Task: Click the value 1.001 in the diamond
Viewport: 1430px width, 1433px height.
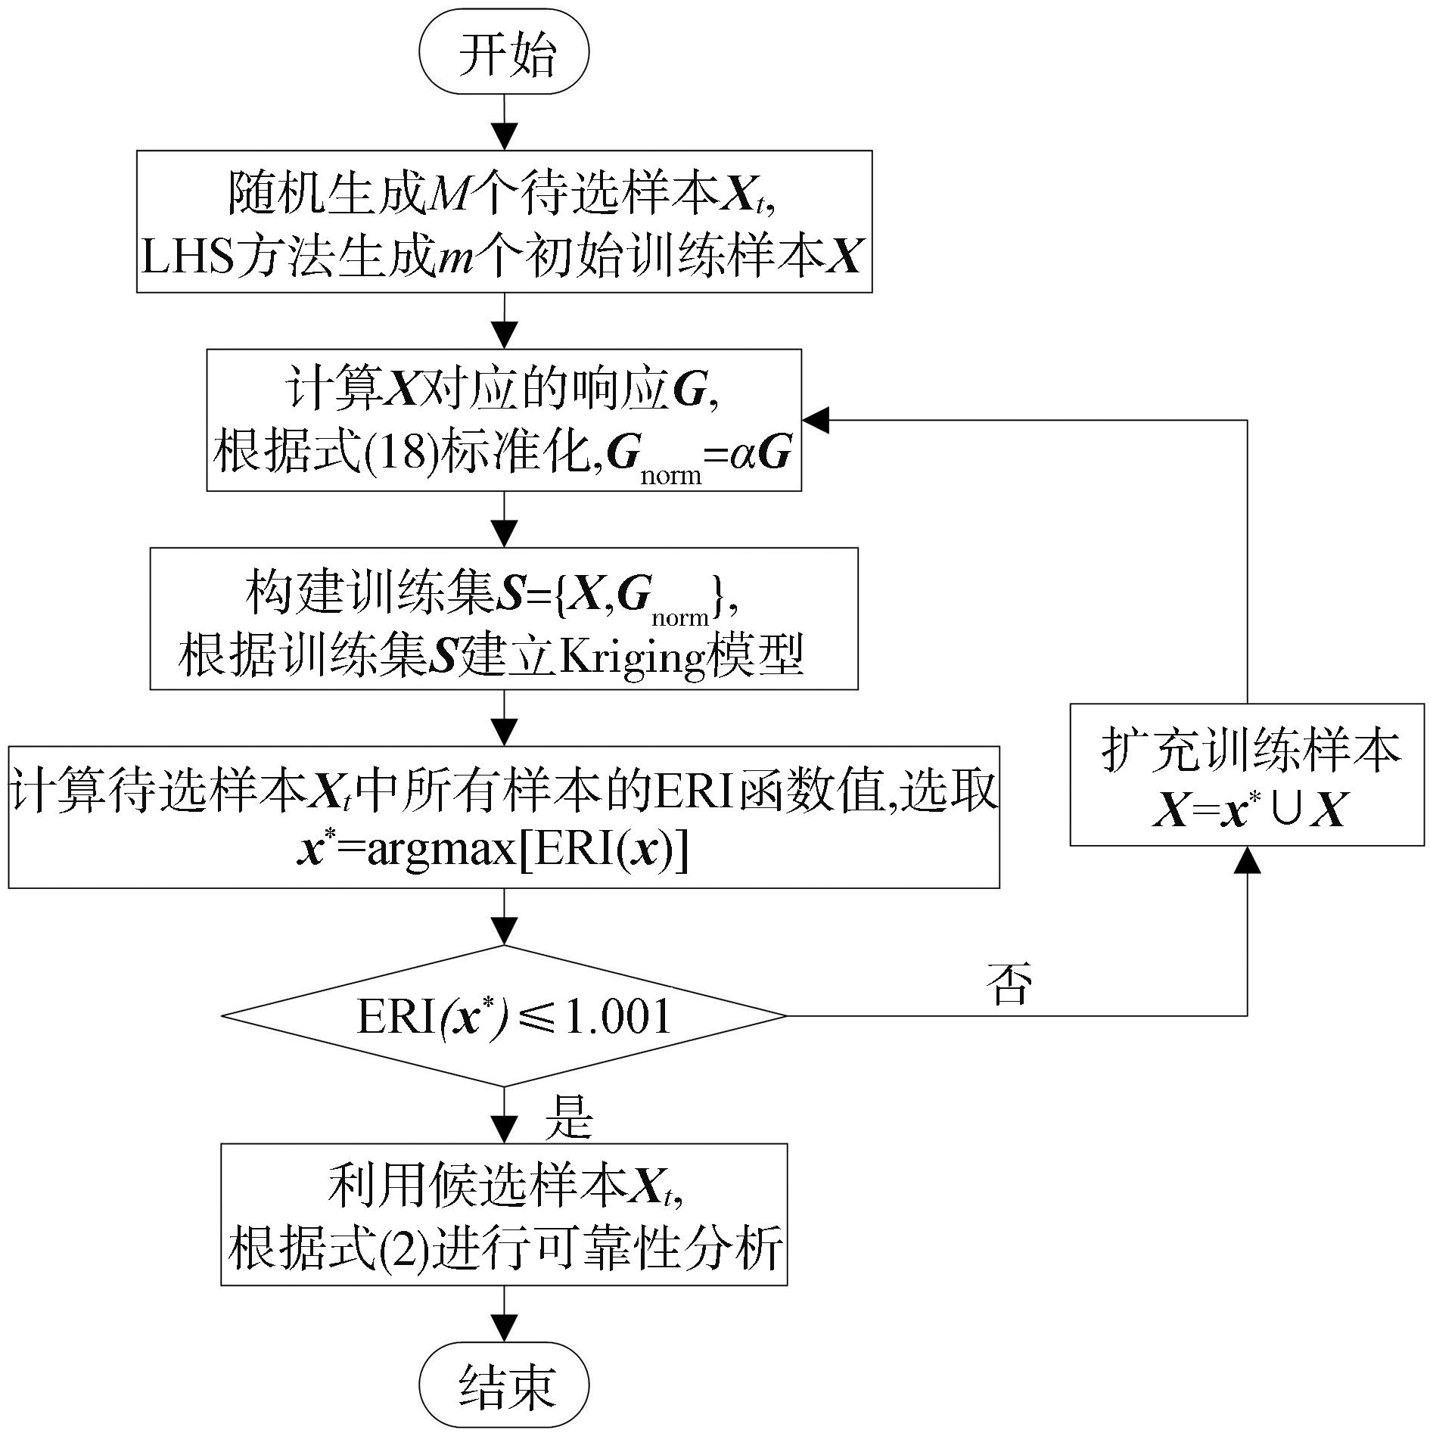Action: (617, 1016)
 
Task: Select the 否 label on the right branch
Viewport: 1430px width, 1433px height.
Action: (1009, 984)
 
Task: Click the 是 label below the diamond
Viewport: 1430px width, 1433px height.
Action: (569, 1117)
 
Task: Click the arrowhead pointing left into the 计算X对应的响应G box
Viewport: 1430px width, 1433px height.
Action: (816, 420)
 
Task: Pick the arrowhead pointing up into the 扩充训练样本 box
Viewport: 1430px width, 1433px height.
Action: (1247, 859)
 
